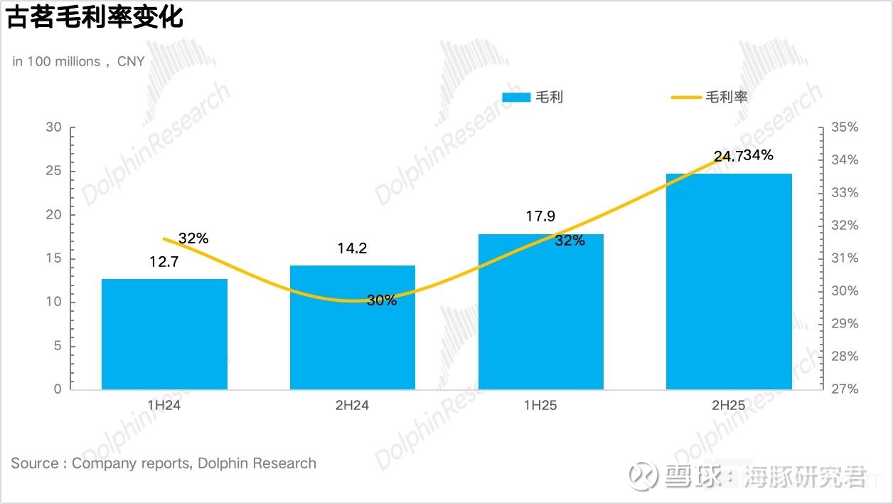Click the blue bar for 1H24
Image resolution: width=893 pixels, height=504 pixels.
(x=164, y=334)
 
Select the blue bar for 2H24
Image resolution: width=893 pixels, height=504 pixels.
(x=352, y=327)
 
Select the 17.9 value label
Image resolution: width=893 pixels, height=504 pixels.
(x=540, y=216)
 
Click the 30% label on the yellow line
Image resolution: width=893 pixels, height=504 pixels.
(x=382, y=300)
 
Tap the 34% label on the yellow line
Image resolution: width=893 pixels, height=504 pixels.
(x=759, y=155)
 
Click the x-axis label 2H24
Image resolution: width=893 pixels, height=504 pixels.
(x=352, y=406)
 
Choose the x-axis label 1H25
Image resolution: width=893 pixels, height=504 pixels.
(x=540, y=406)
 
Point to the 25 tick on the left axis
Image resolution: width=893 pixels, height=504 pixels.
(x=53, y=171)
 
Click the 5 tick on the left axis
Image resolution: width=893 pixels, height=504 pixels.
(x=58, y=346)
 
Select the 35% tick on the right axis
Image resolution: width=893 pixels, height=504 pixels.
(x=844, y=127)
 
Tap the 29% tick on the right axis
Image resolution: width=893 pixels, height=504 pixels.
(x=844, y=324)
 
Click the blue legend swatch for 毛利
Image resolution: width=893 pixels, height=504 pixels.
(x=516, y=98)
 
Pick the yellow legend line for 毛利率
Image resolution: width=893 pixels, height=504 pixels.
(x=686, y=98)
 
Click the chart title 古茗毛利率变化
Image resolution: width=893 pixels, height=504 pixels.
(x=95, y=17)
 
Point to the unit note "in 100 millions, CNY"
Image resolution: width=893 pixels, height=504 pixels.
(x=78, y=61)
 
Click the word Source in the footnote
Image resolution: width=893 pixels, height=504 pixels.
(x=35, y=463)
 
